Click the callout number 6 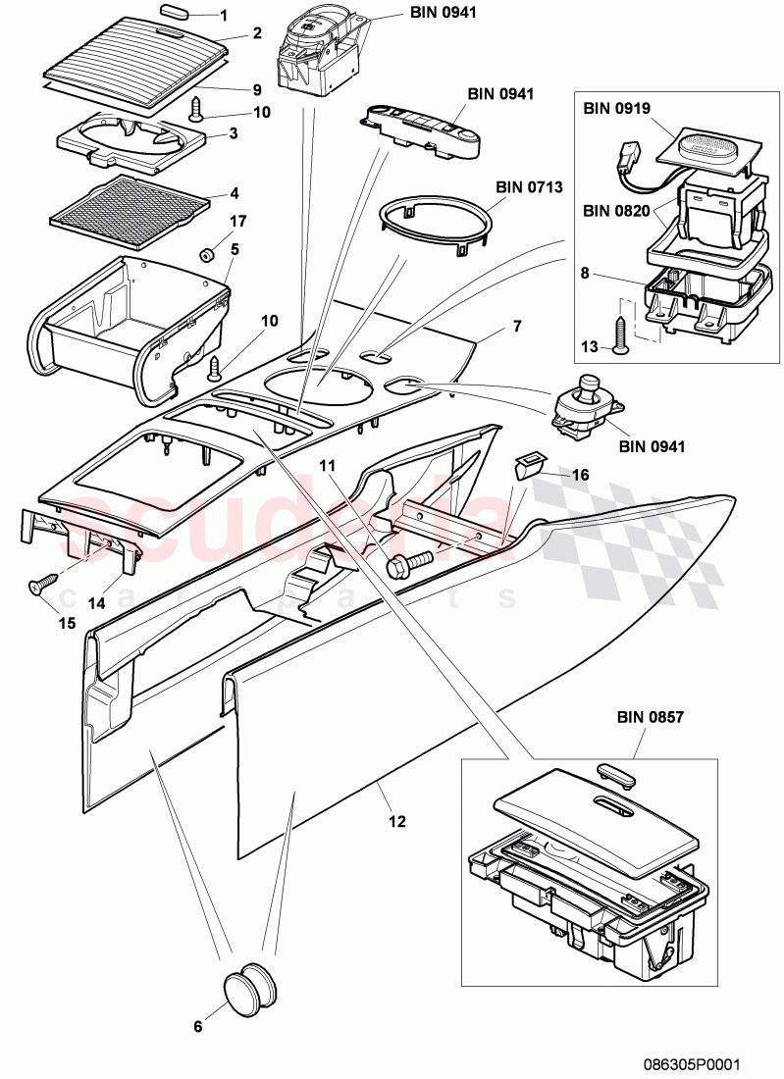197,1026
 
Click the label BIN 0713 523,186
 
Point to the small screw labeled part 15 37,586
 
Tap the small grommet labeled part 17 207,256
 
